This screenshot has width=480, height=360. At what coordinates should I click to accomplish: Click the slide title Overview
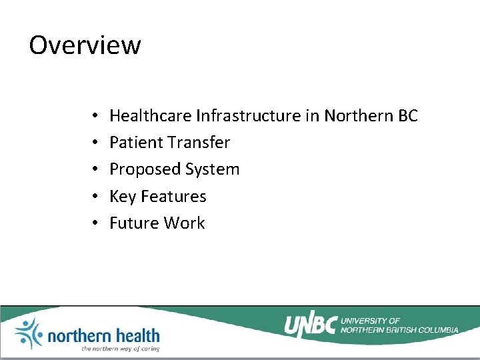[x=85, y=45]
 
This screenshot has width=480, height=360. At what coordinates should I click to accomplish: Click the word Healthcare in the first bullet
[x=151, y=116]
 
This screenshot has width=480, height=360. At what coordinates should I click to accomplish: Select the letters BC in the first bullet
[x=407, y=116]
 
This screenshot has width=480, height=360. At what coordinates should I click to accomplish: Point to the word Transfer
[x=199, y=143]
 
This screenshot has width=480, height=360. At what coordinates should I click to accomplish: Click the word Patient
[x=136, y=143]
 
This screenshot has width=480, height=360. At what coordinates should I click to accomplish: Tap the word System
[x=212, y=169]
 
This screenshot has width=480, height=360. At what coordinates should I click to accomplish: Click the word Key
[x=122, y=197]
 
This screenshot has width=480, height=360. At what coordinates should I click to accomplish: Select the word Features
[x=173, y=197]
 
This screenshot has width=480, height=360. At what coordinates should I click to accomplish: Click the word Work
[x=185, y=223]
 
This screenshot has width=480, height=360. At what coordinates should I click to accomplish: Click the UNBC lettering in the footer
[x=310, y=325]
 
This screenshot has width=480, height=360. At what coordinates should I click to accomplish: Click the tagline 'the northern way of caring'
[x=120, y=348]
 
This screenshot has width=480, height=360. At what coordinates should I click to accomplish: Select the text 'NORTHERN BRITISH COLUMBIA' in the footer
[x=399, y=330]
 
